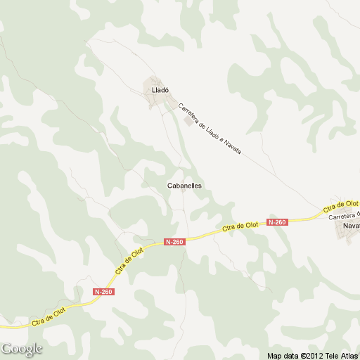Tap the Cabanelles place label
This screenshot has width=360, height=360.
coord(185,186)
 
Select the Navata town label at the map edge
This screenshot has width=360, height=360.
coord(351,226)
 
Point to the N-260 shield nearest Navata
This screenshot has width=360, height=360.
coord(277,222)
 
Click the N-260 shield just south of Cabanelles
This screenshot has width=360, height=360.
coord(174,242)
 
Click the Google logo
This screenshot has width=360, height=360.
coord(22,349)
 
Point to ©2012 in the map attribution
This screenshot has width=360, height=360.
coord(311,355)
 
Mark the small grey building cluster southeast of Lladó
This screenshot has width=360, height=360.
coord(187,120)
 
